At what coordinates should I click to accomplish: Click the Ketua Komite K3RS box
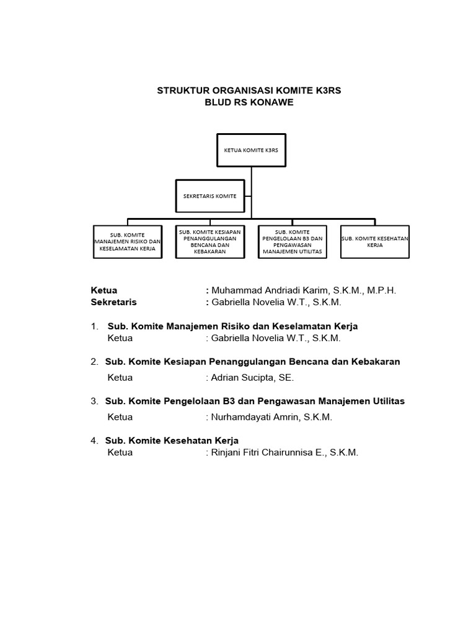tap(251, 150)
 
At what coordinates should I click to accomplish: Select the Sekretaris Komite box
tap(209, 196)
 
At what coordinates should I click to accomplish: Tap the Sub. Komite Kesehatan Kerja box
tap(375, 241)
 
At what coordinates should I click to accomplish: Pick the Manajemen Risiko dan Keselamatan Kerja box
tap(128, 241)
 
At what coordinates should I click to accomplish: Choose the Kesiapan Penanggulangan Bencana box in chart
tap(209, 241)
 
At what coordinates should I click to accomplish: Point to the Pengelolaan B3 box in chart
tap(292, 241)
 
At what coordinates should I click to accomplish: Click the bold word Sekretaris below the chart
tap(113, 302)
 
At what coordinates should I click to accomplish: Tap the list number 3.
tap(94, 401)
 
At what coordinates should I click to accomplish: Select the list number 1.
tap(94, 326)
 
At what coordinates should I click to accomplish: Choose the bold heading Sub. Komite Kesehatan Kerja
tap(172, 440)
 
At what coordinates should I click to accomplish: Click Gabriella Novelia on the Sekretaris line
tap(246, 302)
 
